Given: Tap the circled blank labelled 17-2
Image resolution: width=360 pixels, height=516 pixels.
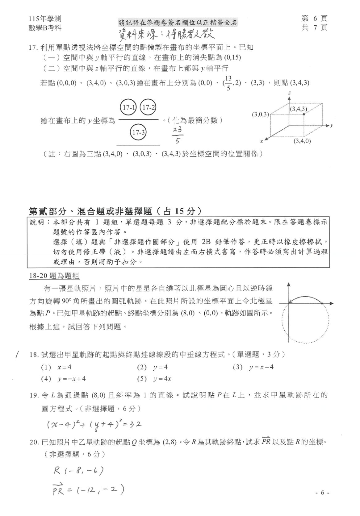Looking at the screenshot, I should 148,107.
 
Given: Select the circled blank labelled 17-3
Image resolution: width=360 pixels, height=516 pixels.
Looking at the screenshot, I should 138,133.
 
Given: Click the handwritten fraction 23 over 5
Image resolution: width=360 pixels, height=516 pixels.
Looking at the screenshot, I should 178,136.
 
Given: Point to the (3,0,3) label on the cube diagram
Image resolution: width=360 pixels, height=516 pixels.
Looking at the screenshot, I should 261,114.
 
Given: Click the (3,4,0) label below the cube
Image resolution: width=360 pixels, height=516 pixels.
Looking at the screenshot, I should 302,141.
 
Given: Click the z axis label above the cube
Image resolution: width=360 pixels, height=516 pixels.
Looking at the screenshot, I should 288,93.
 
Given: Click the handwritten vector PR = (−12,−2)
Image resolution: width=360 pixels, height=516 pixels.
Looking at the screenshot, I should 88,489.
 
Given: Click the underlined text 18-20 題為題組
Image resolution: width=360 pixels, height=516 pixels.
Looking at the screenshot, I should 54,276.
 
